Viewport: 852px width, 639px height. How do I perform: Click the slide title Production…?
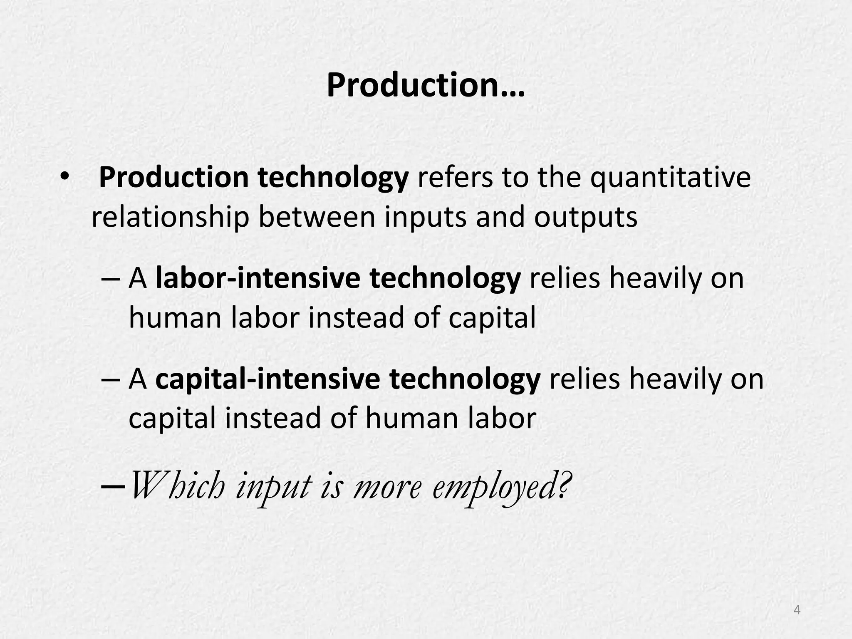click(426, 86)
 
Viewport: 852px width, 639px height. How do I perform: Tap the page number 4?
click(797, 611)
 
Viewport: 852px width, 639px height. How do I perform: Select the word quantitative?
click(670, 178)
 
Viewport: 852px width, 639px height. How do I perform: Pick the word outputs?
click(585, 218)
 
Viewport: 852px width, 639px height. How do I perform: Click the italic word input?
click(273, 488)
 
